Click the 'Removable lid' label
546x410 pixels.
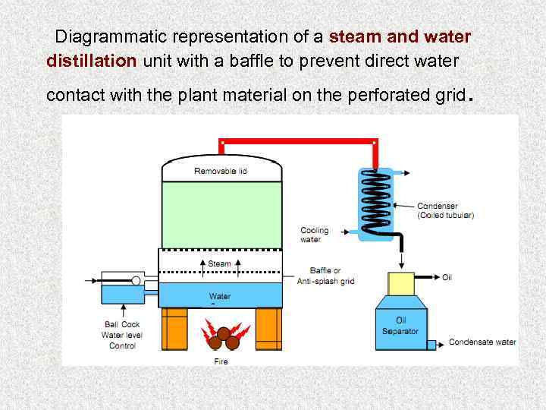point(220,171)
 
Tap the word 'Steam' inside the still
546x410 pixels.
point(219,264)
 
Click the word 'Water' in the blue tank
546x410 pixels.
point(220,296)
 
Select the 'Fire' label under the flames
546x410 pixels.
point(220,361)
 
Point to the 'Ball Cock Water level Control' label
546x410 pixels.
point(121,335)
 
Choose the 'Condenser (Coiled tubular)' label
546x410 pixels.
point(446,210)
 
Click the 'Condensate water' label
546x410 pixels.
point(482,342)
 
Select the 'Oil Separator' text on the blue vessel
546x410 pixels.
point(400,326)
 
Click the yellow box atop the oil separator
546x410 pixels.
point(400,283)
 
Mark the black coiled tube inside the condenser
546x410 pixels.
point(376,200)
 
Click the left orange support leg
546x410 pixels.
point(174,328)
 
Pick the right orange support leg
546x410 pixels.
point(268,328)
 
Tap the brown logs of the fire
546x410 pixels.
point(224,338)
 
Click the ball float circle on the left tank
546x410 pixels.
point(136,281)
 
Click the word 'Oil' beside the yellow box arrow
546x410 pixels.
point(447,277)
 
